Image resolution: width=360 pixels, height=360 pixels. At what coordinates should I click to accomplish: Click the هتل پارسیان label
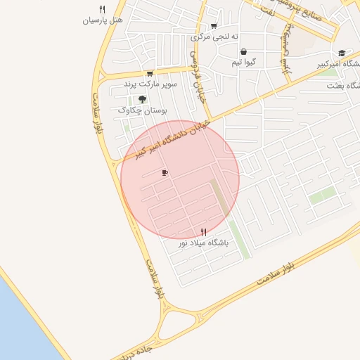[103, 20]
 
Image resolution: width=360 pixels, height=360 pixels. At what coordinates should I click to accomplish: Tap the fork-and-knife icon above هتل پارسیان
[103, 9]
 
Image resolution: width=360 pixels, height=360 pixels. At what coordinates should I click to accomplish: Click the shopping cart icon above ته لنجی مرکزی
[214, 26]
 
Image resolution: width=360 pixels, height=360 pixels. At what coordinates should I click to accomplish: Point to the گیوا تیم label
[244, 62]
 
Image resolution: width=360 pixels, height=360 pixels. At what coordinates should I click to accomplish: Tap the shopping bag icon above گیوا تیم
[243, 51]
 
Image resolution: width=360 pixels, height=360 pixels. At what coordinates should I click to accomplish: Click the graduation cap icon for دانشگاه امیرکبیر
[342, 53]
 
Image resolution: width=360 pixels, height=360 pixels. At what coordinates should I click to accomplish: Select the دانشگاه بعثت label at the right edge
[343, 85]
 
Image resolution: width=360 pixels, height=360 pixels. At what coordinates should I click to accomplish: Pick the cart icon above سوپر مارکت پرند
[150, 73]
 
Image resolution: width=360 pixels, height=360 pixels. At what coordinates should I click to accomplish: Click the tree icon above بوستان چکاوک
[143, 99]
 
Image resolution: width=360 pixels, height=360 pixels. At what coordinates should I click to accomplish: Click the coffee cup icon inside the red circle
[165, 172]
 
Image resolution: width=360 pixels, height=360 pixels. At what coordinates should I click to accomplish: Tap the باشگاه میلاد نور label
[203, 242]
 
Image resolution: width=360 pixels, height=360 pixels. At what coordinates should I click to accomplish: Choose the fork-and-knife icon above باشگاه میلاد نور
[204, 231]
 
